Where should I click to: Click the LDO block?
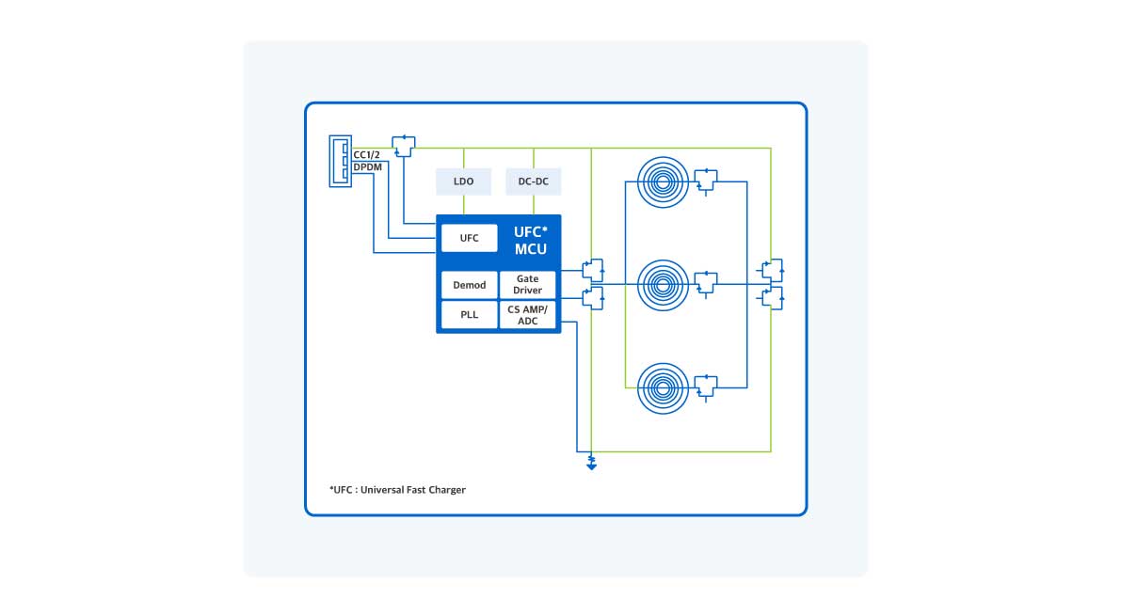[464, 181]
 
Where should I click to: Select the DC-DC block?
[534, 181]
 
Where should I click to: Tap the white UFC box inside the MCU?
[469, 238]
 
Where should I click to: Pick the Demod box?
[469, 285]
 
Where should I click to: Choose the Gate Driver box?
[527, 285]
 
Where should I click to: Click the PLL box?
[469, 315]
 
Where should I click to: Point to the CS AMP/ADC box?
[527, 315]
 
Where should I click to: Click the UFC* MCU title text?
[530, 241]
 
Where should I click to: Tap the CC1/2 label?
[365, 155]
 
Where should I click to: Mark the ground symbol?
[591, 462]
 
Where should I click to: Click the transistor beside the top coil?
[705, 179]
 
